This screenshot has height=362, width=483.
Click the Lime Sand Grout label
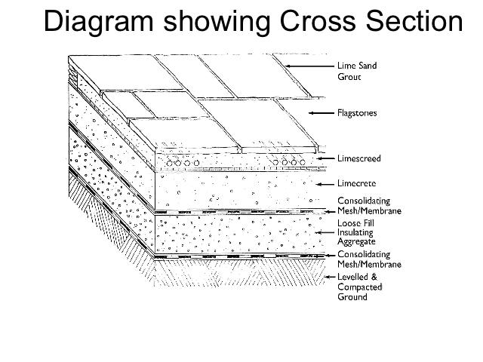click(357, 71)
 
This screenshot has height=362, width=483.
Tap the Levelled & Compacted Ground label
click(359, 287)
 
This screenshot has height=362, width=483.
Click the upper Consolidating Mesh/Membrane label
click(369, 207)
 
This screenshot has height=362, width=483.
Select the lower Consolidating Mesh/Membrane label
click(369, 260)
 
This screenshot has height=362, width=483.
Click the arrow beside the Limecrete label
click(324, 183)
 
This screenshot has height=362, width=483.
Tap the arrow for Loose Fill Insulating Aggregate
click(325, 234)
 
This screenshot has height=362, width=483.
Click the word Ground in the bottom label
click(352, 297)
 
